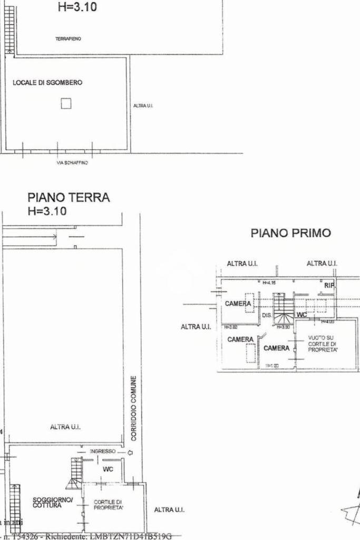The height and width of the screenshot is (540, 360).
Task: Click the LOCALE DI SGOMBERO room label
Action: pos(47,83)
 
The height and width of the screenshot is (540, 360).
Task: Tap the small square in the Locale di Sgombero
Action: pos(66,103)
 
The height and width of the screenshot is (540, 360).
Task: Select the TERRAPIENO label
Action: pos(68,39)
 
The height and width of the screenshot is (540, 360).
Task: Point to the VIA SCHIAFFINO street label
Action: pos(72,163)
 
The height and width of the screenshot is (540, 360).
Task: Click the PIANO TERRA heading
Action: pos(69,198)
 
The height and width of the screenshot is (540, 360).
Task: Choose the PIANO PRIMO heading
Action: pos(291,233)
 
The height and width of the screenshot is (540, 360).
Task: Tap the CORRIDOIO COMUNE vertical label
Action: pos(134,408)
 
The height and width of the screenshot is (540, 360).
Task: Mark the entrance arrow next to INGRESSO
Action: pos(130,452)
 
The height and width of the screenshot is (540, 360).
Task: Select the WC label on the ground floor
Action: pos(108,469)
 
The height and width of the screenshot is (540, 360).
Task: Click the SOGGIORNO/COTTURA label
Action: pos(47,502)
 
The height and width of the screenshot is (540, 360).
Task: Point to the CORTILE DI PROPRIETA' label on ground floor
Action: pos(109,505)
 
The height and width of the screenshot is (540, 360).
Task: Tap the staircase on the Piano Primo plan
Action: pos(283,309)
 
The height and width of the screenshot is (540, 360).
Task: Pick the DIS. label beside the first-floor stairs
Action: pos(267,315)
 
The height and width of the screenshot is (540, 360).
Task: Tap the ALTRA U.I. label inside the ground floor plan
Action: pos(65,427)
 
